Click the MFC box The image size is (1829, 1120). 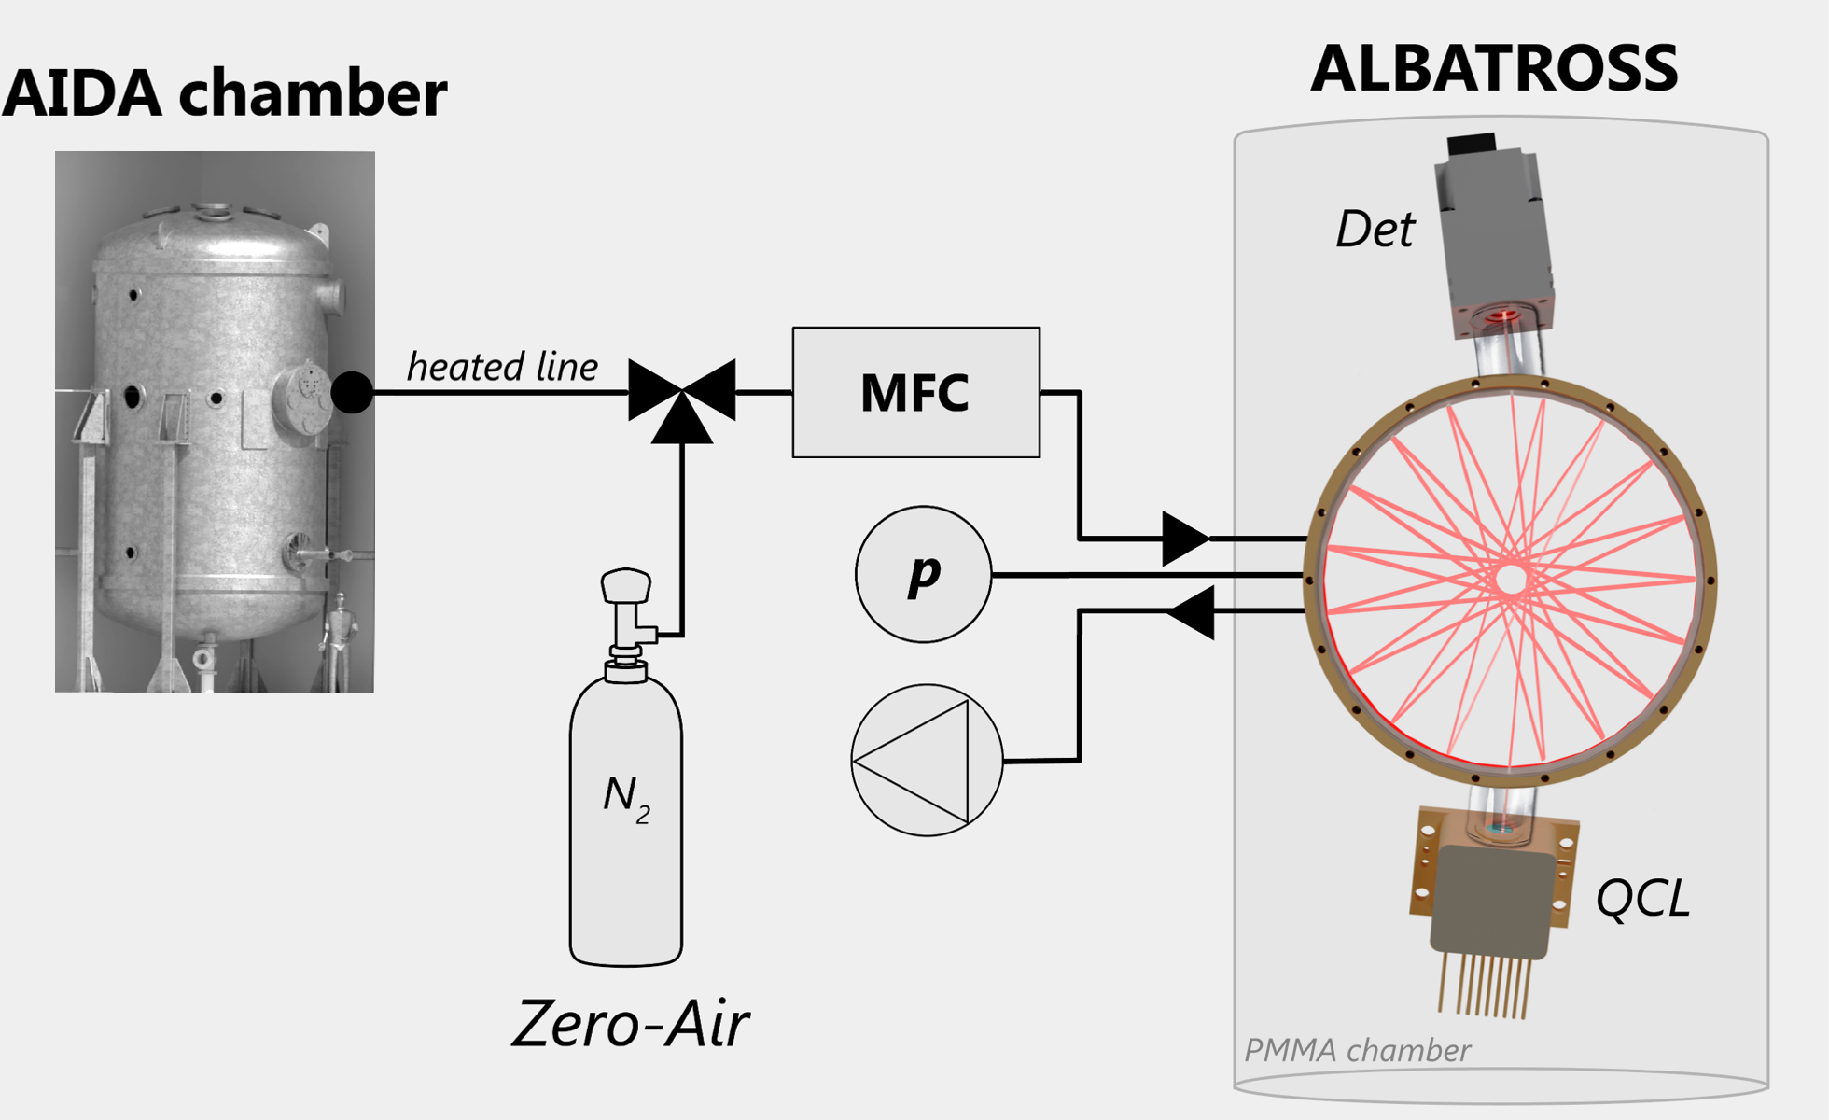(915, 392)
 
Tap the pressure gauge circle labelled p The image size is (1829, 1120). (923, 574)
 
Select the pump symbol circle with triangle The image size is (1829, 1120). (927, 761)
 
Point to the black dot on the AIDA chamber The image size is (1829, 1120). (352, 392)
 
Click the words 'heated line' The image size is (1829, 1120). (502, 367)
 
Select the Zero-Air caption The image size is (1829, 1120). (631, 1024)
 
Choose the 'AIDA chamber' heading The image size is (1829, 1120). (225, 92)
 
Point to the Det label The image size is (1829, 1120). (1375, 229)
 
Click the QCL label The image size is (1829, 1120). (1642, 899)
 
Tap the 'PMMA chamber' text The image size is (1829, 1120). (1357, 1051)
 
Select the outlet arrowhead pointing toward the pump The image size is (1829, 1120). (1193, 612)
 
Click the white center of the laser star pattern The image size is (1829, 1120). (1511, 580)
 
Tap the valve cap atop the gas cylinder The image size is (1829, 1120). (625, 585)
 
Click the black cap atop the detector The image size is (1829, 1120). (1472, 144)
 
